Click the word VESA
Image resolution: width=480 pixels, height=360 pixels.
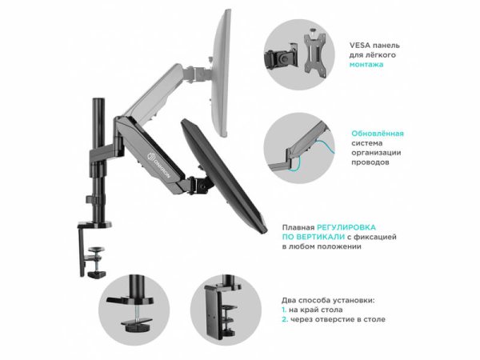tap(360, 46)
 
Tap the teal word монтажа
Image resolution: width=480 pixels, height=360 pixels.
tap(366, 65)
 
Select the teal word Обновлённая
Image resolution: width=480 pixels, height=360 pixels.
tap(378, 134)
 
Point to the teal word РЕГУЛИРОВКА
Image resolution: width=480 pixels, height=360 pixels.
tap(346, 227)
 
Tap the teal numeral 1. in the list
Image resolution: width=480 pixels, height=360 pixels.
tap(284, 310)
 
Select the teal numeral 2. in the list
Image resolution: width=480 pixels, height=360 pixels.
tap(285, 319)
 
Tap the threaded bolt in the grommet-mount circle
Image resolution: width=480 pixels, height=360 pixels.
tap(137, 313)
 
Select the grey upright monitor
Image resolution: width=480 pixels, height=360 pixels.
tap(221, 74)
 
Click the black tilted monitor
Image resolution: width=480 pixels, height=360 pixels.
tap(223, 175)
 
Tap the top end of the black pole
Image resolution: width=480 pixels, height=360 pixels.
tap(98, 99)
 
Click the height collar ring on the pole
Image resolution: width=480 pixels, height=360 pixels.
tap(95, 199)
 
